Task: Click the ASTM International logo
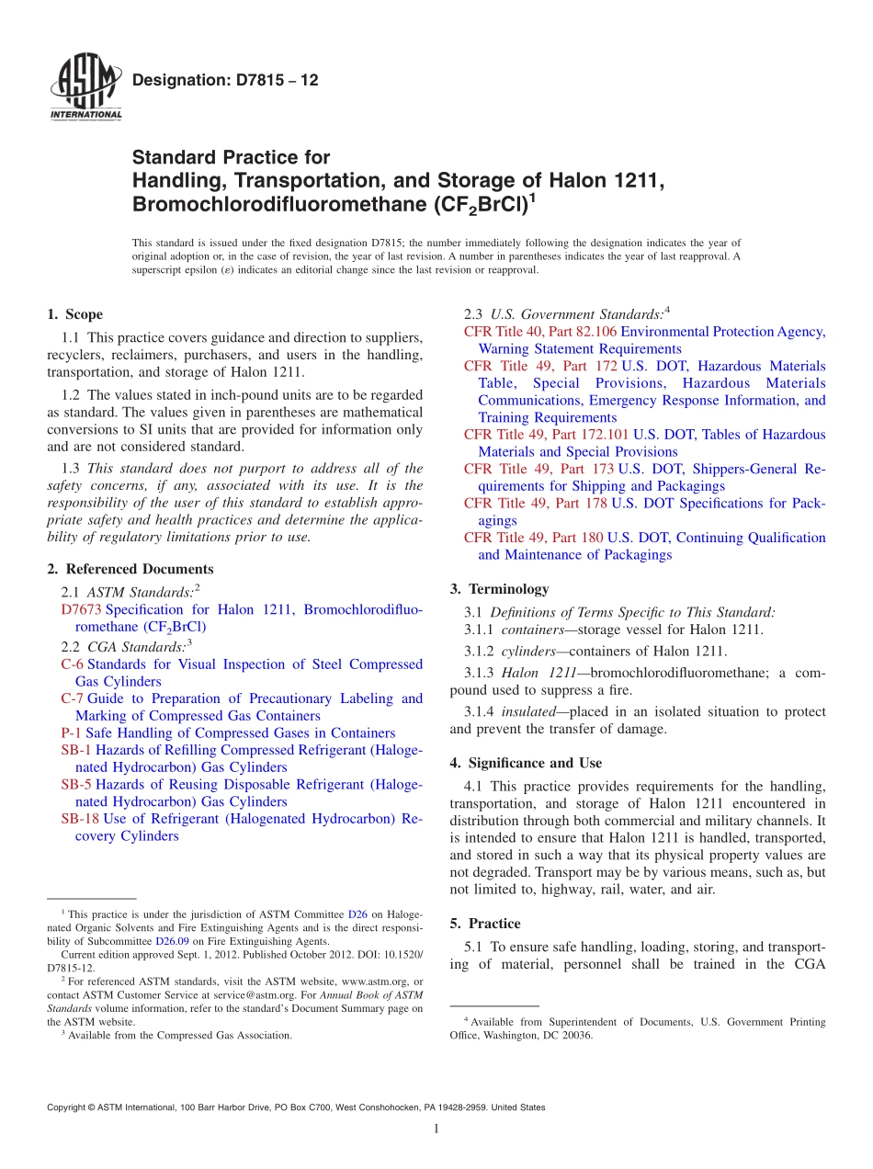pyautogui.click(x=85, y=87)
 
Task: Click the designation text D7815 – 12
pyautogui.click(x=225, y=80)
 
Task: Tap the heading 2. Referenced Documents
pyautogui.click(x=130, y=569)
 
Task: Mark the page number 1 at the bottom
pyautogui.click(x=436, y=1129)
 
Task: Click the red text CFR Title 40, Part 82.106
pyautogui.click(x=540, y=331)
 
